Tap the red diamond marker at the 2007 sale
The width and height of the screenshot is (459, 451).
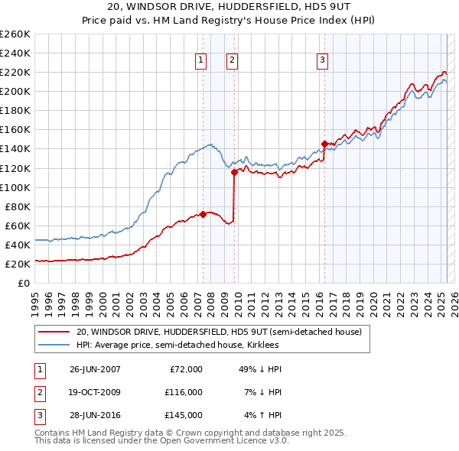(203, 214)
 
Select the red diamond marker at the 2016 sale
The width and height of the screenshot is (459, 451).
(324, 144)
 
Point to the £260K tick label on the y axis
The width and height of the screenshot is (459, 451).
(15, 34)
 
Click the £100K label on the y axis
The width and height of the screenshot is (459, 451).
(15, 187)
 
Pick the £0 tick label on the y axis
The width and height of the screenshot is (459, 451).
(24, 283)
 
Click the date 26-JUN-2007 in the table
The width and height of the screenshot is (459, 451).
(95, 369)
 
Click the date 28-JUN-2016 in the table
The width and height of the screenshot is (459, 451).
(95, 415)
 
